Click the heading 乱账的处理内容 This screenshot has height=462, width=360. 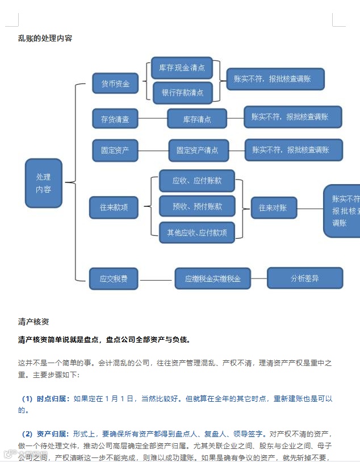[x=45, y=39]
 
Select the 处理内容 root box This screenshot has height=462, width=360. [x=43, y=182]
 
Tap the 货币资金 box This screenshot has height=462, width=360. [x=115, y=84]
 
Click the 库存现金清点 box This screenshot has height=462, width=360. [x=182, y=68]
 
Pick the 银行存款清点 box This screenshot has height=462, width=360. [x=182, y=93]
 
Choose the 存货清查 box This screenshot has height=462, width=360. [x=115, y=119]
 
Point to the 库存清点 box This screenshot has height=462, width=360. [x=196, y=119]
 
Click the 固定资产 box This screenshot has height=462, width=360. [x=115, y=151]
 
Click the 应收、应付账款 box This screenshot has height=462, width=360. [x=197, y=181]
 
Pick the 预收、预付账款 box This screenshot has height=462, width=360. [x=197, y=206]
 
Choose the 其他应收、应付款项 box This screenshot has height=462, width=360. [x=197, y=232]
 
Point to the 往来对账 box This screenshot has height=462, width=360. [x=273, y=208]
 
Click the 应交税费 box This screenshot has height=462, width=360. [x=114, y=279]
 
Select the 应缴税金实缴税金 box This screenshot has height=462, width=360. [x=212, y=279]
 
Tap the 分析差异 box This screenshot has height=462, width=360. [x=305, y=278]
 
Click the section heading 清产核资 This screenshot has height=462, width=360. [x=34, y=322]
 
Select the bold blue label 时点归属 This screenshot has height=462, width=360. [x=52, y=399]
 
